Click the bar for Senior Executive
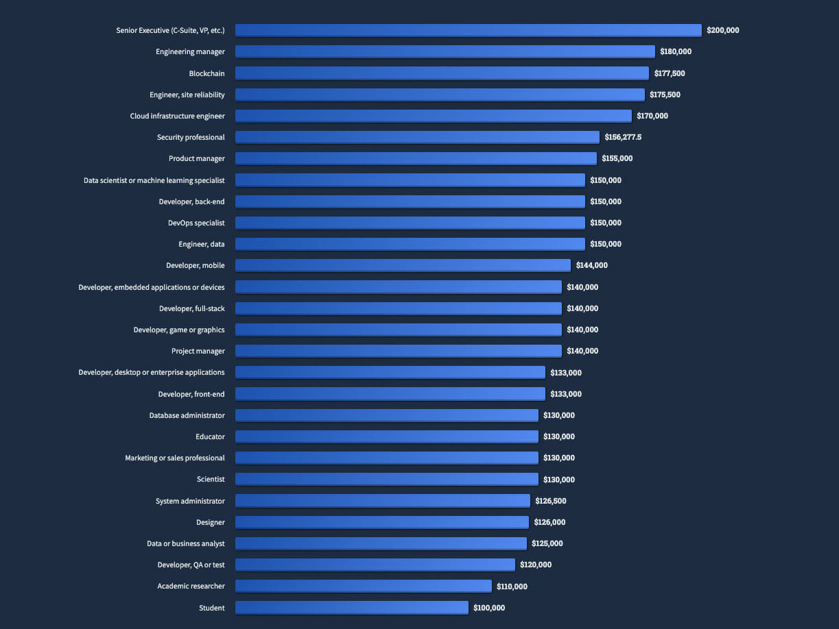[x=468, y=30]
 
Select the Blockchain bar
[x=442, y=73]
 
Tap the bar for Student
[x=351, y=608]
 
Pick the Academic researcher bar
[x=364, y=587]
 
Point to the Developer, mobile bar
[x=403, y=265]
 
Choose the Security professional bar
[x=417, y=137]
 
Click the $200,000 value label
[x=723, y=30]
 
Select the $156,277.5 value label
[x=623, y=137]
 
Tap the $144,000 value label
[x=591, y=265]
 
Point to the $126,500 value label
[x=551, y=501]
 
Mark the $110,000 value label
[x=512, y=587]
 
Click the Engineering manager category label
[x=190, y=51]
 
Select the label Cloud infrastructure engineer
[x=178, y=116]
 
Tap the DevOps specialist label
[x=196, y=223]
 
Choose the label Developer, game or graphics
[x=179, y=330]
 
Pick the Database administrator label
[x=187, y=415]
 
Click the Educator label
[x=210, y=436]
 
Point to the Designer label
[x=211, y=522]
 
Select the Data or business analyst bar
[x=381, y=543]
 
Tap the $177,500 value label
[x=667, y=73]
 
